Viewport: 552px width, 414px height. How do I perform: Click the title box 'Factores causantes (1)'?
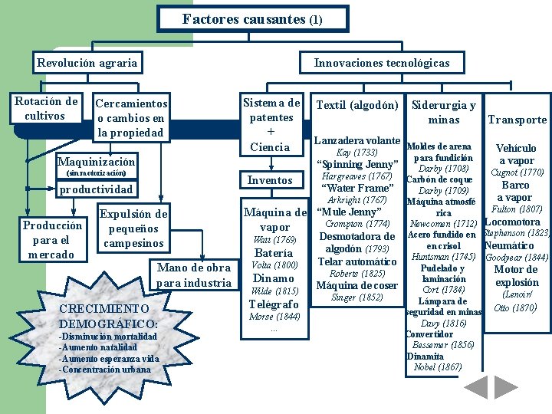coord(252,19)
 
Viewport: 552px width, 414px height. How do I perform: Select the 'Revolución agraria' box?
coord(87,63)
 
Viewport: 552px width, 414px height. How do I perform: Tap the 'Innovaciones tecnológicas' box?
coord(382,63)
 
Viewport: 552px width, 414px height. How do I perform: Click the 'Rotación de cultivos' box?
coord(46,108)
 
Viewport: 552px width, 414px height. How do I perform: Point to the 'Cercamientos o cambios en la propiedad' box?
coord(130,118)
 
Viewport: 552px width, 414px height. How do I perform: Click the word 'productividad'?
coord(97,189)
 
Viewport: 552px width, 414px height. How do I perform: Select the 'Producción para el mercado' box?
coord(52,240)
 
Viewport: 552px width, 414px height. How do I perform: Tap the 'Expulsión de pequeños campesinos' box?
coord(133,228)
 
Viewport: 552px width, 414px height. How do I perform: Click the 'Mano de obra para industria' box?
coord(193,275)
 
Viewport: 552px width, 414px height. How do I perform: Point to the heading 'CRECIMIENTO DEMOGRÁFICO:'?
coord(108,316)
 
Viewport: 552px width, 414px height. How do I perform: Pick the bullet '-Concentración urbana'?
coord(105,370)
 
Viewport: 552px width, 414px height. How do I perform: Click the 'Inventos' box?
coord(271,180)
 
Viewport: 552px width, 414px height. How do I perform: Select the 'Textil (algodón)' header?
coord(357,105)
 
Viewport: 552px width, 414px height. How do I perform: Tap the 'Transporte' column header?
coord(517,120)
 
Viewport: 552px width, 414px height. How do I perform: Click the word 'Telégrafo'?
coord(274,304)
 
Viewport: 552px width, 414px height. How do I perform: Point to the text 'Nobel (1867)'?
coord(438,366)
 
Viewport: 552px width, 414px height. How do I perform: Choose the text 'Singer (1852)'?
coord(356,297)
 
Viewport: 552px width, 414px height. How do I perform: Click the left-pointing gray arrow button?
coord(476,387)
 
